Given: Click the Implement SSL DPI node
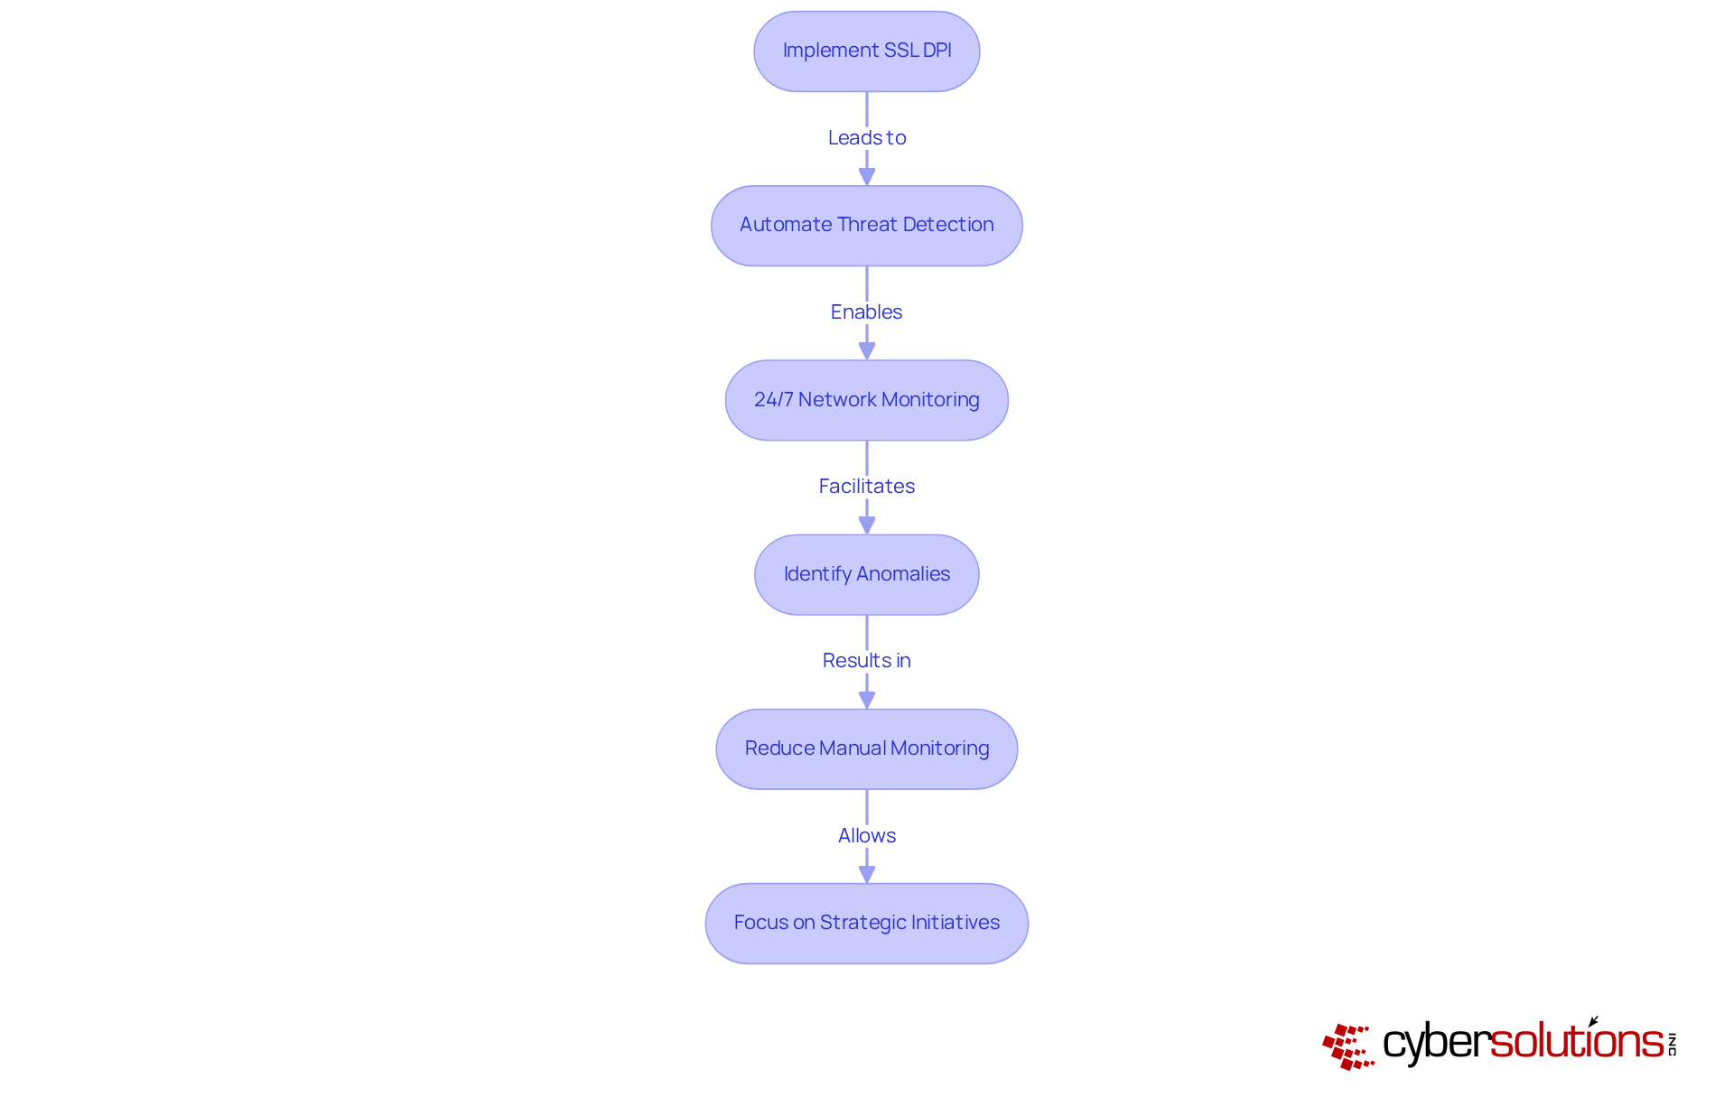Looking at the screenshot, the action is pos(866,51).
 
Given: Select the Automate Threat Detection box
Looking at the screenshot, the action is pos(866,226).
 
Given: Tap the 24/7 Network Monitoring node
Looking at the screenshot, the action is pos(866,400).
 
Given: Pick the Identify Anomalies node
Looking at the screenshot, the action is pos(866,574).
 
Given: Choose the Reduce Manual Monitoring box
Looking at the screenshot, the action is pos(866,748).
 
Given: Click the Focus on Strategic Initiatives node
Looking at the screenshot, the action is pos(866,923).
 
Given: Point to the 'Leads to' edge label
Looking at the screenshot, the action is pos(866,137).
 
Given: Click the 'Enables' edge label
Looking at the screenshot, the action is pos(866,311).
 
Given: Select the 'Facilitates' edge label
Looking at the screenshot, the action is pos(866,486).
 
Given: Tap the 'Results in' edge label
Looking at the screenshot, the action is pos(866,660).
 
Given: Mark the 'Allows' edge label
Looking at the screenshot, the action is pos(866,835).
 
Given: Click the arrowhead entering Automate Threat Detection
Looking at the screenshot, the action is pos(866,176).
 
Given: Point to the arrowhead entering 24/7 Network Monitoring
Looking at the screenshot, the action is pos(866,350).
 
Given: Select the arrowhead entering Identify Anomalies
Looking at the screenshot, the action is pos(866,525).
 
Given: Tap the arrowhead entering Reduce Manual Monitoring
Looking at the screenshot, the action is pos(866,699).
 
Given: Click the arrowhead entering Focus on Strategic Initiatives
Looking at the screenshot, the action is pos(866,873).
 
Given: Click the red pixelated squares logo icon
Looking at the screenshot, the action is pos(1347,1046).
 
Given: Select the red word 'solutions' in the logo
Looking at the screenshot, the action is pos(1576,1041).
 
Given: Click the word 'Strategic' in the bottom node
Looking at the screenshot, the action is pos(862,923).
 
